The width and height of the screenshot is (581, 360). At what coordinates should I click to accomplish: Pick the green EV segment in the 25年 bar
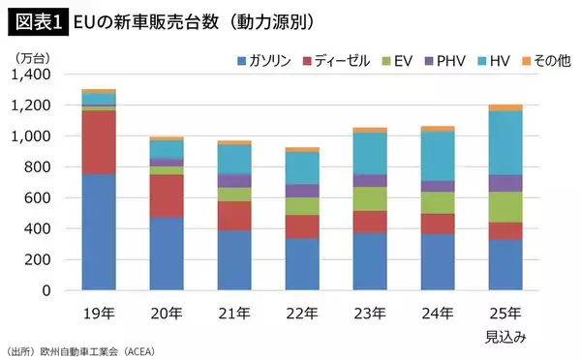505,207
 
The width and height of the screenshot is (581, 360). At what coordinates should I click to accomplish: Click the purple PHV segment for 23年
370,180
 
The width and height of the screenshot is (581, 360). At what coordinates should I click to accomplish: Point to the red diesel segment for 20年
167,195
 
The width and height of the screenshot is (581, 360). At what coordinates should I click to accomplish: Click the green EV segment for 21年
234,195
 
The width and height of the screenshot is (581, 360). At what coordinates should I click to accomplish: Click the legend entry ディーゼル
338,61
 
